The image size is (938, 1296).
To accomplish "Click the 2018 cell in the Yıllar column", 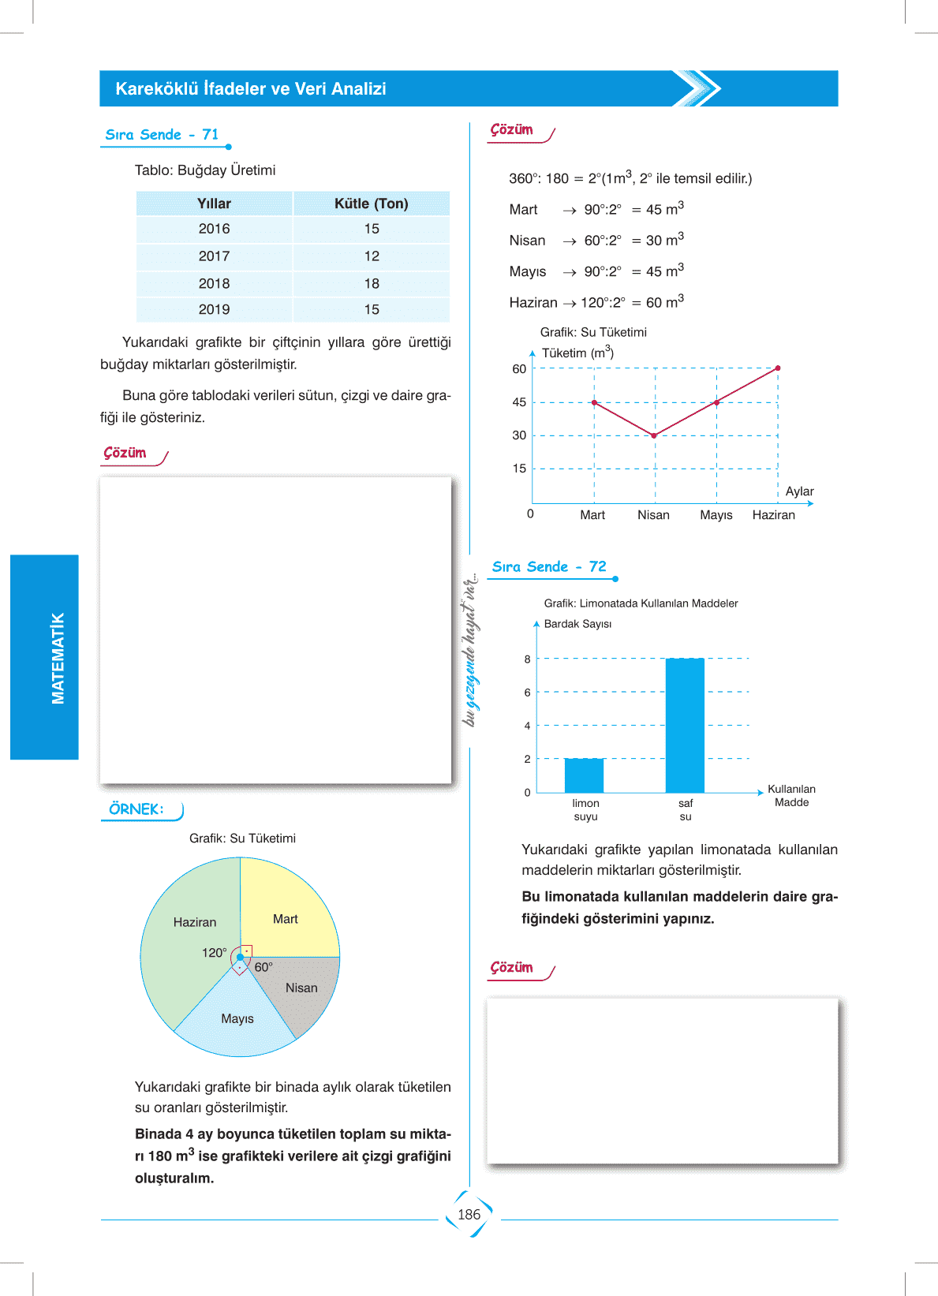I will click(214, 283).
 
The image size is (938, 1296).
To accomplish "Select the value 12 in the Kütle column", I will click(372, 256).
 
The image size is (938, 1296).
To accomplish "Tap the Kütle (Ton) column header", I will click(371, 204).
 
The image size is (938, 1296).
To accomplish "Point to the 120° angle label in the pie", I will click(214, 953).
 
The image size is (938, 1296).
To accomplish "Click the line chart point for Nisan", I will click(654, 435).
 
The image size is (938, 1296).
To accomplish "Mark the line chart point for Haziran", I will click(778, 368).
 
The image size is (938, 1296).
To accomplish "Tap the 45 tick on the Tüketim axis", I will click(519, 402).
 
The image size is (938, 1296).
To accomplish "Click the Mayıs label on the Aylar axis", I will click(716, 515).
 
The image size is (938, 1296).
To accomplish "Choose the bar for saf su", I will click(685, 726).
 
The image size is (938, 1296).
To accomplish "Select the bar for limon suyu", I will click(584, 775).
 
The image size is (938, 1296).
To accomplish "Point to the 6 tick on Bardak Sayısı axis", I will click(528, 693).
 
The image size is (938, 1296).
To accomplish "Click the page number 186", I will click(469, 1215).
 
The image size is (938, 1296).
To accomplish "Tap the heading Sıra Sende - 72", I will click(549, 566).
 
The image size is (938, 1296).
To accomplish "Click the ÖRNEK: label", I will click(136, 809).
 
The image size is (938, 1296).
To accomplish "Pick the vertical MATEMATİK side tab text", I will click(58, 658).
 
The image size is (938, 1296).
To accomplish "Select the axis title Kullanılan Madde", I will click(791, 795).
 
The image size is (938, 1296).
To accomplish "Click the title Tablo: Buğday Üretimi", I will click(205, 170).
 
